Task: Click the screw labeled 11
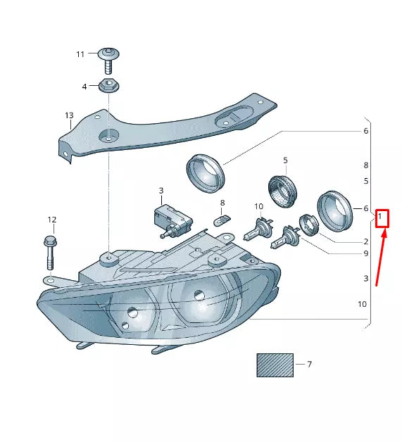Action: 108,60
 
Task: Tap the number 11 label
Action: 80,54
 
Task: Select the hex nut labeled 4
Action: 109,86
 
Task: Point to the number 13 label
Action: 69,115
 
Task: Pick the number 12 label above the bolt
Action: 51,220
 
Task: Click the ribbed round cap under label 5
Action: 284,191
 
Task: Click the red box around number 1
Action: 382,217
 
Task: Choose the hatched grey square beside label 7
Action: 274,365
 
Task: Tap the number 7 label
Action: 309,365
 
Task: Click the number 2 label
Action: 365,242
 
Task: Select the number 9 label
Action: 365,253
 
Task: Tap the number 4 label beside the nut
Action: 84,87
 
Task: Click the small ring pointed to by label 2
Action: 308,225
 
